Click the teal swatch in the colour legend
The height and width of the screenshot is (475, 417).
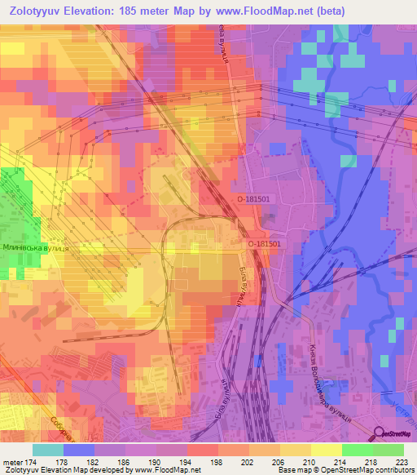[48, 450]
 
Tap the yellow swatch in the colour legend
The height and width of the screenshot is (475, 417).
[327, 450]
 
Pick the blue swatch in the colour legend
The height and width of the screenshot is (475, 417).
[79, 450]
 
